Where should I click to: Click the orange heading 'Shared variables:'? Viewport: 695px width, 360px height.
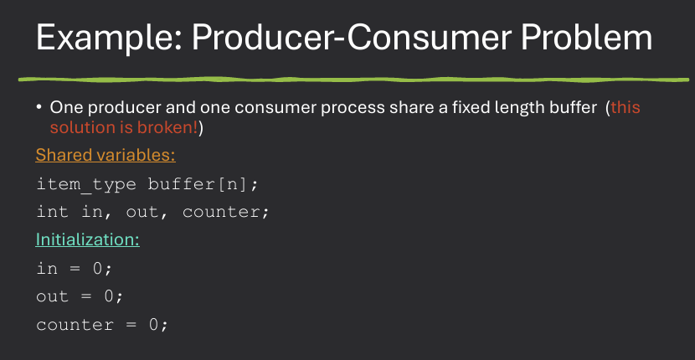pyautogui.click(x=105, y=155)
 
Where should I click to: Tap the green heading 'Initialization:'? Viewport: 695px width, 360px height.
pyautogui.click(x=87, y=239)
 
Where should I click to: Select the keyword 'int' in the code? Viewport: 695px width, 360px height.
pyautogui.click(x=52, y=212)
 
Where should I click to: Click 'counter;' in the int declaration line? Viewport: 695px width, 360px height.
pyautogui.click(x=226, y=212)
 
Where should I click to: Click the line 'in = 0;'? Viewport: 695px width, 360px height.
pyautogui.click(x=74, y=268)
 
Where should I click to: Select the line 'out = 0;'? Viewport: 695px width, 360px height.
pyautogui.click(x=80, y=296)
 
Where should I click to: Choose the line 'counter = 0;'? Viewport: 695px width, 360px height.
pyautogui.click(x=102, y=324)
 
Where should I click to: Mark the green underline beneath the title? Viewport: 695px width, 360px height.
pyautogui.click(x=347, y=79)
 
